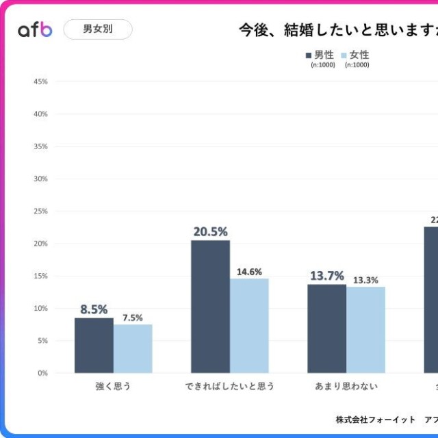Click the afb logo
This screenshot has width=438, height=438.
(35, 29)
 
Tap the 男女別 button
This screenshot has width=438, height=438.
(98, 29)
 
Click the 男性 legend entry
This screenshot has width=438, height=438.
(320, 55)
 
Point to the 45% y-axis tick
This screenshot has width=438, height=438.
(40, 81)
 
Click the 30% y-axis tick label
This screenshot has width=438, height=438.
(40, 179)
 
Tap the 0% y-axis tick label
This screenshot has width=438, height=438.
(42, 373)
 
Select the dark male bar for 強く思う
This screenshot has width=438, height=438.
(94, 346)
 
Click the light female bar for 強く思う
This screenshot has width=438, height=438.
(133, 348)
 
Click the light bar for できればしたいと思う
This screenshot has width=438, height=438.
(249, 326)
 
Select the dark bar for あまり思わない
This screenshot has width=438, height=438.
(326, 328)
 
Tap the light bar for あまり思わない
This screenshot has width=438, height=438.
(365, 330)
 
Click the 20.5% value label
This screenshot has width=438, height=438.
(210, 231)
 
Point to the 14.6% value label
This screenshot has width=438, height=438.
(249, 272)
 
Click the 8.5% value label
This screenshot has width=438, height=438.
(94, 309)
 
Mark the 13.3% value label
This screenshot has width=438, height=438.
(365, 280)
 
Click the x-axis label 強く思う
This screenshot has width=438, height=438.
(113, 386)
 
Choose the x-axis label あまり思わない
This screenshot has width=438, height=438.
(346, 386)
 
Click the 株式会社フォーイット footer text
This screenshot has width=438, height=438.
(375, 419)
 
